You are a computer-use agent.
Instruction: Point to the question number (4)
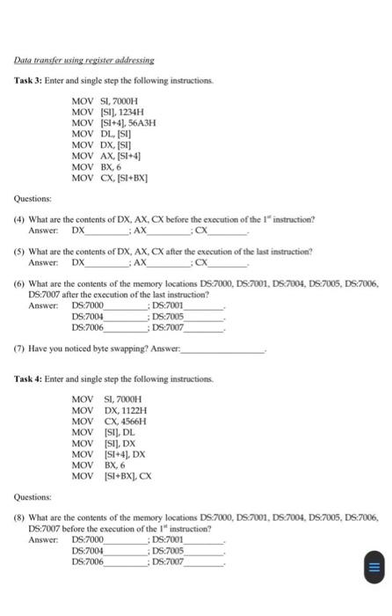[x=18, y=218]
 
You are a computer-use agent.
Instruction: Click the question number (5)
[x=18, y=252]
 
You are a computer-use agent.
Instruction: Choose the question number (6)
[x=18, y=285]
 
